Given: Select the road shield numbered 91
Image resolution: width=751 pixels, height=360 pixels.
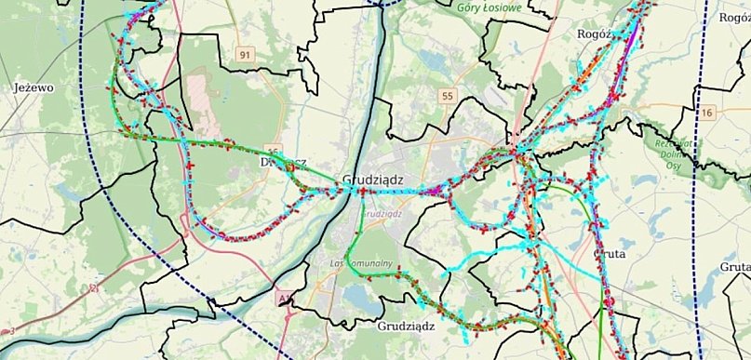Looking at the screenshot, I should pyautogui.click(x=245, y=55).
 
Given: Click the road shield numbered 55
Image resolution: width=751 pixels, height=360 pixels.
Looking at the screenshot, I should pyautogui.click(x=448, y=96).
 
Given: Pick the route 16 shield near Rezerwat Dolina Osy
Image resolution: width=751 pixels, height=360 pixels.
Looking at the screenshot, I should pyautogui.click(x=708, y=113).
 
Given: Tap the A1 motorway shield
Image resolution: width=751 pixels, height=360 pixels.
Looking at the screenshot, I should pyautogui.click(x=283, y=298).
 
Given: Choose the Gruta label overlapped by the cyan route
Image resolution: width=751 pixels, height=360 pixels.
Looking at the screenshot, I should pyautogui.click(x=610, y=253).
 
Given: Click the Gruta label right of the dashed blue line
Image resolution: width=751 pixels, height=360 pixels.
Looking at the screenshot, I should pyautogui.click(x=734, y=267).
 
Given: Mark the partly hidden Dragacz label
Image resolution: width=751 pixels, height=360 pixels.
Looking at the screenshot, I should pyautogui.click(x=278, y=159).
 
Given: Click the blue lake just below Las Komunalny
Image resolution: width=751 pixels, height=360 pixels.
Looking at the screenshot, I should pyautogui.click(x=358, y=295).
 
